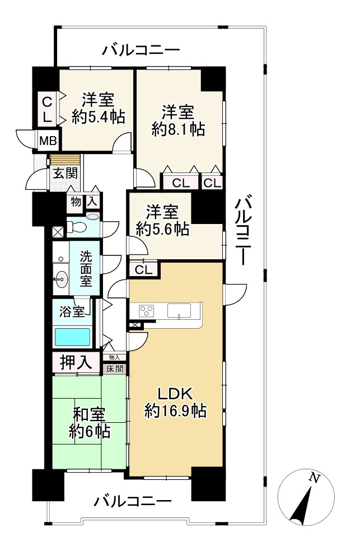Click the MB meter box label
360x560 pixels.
pyautogui.click(x=48, y=141)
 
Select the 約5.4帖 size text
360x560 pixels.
pyautogui.click(x=98, y=116)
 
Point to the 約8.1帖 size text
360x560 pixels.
pyautogui.click(x=178, y=129)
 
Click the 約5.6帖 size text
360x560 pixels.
pyautogui.click(x=162, y=229)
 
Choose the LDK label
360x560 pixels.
pyautogui.click(x=175, y=394)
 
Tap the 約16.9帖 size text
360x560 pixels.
pyautogui.click(x=175, y=410)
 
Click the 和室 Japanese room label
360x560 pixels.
pyautogui.click(x=89, y=416)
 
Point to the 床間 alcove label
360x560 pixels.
pyautogui.click(x=115, y=368)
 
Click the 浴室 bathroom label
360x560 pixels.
pyautogui.click(x=72, y=311)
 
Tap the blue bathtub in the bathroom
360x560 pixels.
pyautogui.click(x=72, y=337)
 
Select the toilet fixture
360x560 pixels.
pyautogui.click(x=77, y=227)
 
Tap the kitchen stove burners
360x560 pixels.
pyautogui.click(x=147, y=310)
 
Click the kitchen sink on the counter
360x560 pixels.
pyautogui.click(x=180, y=310)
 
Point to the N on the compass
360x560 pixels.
pyautogui.click(x=314, y=478)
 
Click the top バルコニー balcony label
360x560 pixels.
pyautogui.click(x=141, y=50)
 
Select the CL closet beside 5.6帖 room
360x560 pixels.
pyautogui.click(x=143, y=270)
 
